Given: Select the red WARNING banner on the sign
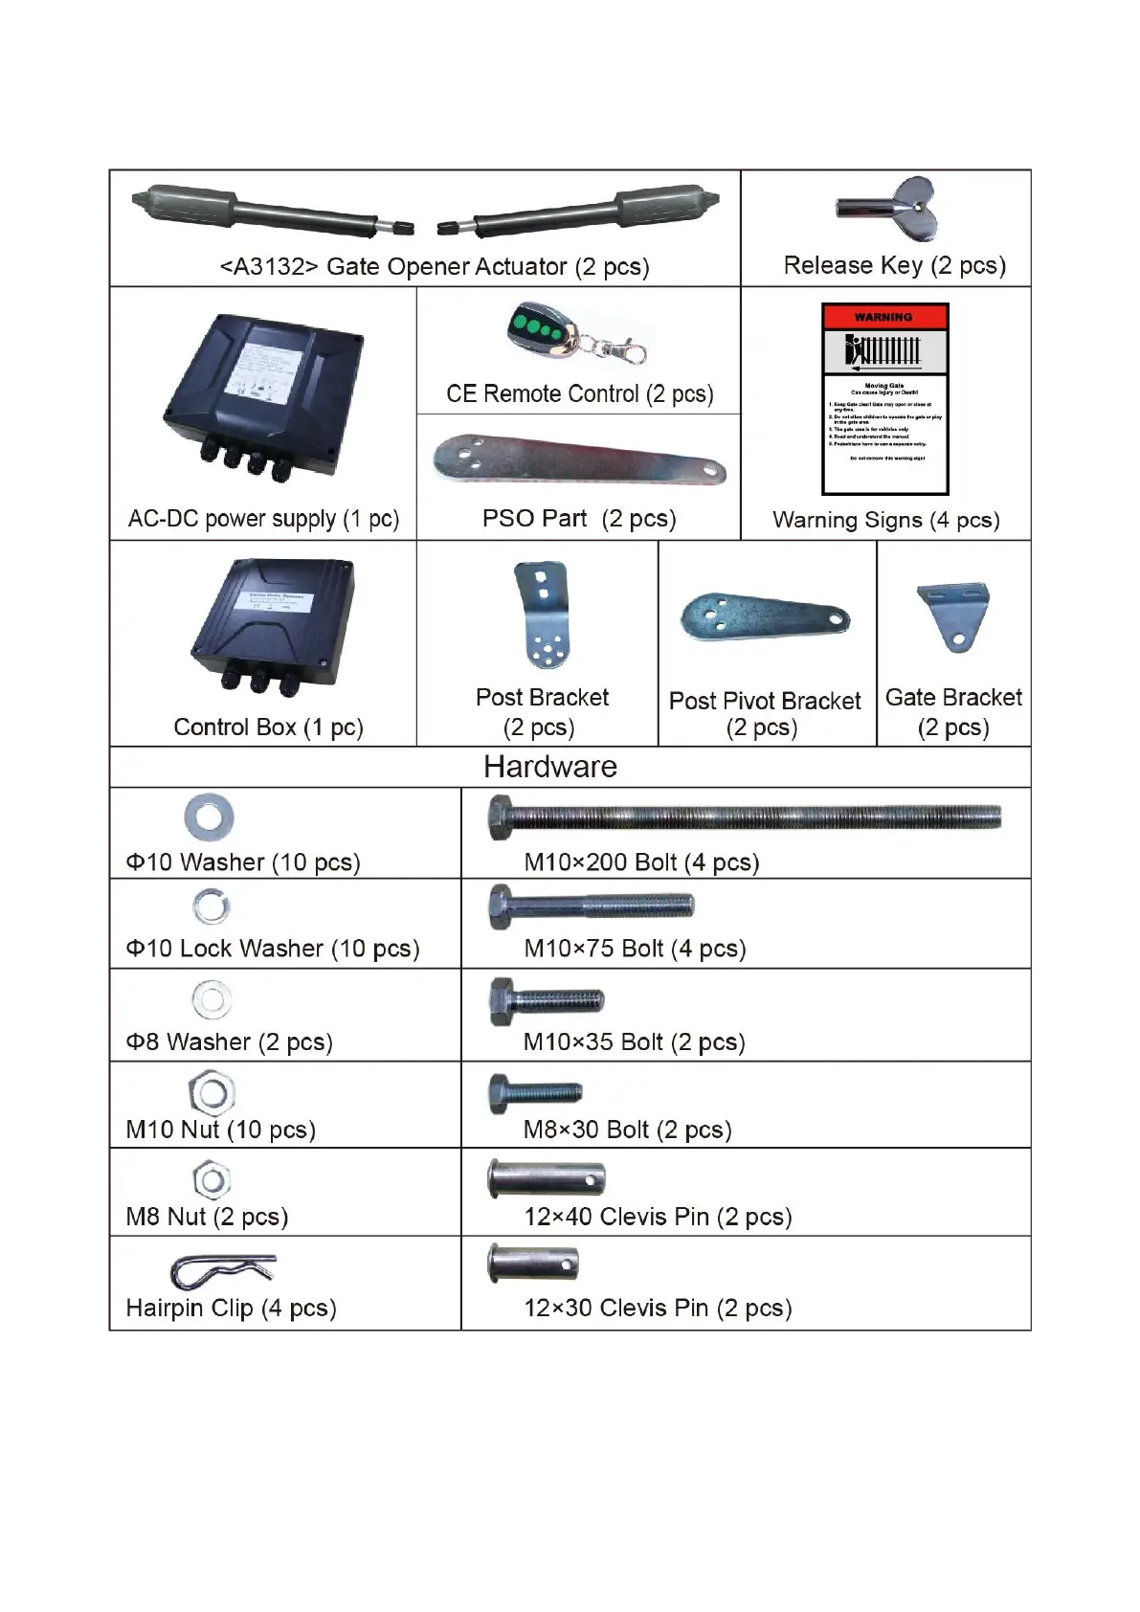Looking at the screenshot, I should (884, 317).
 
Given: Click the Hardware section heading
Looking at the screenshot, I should (550, 767).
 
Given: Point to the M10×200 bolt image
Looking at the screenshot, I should (745, 817).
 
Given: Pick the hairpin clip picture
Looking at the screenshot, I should (222, 1270).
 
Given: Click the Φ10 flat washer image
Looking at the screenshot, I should (209, 817).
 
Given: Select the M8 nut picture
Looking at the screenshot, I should (212, 1179).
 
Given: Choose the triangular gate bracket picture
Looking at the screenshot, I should (953, 616).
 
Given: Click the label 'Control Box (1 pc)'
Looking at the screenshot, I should (268, 728).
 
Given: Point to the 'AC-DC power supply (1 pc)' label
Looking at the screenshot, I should (263, 519).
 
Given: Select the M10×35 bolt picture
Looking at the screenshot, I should (547, 1001).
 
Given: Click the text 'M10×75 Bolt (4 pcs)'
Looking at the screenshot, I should (635, 949).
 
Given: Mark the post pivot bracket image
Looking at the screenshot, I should (765, 617).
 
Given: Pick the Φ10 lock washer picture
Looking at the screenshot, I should (211, 907).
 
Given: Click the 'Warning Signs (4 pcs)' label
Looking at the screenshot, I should (885, 520).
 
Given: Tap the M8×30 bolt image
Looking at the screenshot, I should (535, 1092).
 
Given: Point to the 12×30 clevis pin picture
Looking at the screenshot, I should (533, 1264).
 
